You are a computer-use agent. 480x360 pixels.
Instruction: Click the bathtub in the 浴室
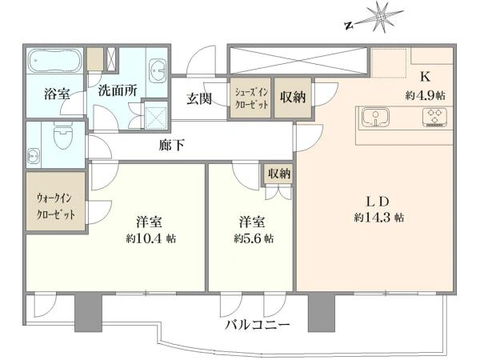pos(54,61)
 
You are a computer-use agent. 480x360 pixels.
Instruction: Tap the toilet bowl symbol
pos(63,134)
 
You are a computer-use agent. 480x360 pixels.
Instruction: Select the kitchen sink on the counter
pos(375,117)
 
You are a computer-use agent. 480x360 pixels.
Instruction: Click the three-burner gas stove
pos(434,117)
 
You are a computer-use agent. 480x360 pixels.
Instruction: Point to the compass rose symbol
pos(379,18)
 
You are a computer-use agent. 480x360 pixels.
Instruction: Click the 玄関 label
pos(199,98)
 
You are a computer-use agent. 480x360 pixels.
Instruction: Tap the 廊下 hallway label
pos(171,145)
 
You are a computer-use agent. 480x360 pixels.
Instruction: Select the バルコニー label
pos(258,325)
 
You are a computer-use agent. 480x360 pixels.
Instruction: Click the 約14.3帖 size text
pos(379,218)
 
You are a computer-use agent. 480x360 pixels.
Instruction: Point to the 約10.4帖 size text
pos(151,238)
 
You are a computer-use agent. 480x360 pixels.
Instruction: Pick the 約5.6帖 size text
pos(254,238)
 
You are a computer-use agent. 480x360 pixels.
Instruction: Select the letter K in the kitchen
pos(426,77)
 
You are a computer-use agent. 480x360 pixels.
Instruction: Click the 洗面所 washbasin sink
pos(158,71)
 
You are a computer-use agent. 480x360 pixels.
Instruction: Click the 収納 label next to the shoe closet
pos(293,98)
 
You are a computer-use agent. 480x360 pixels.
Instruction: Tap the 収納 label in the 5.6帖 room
pos(279,174)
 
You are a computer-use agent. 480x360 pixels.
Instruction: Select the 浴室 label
pos(57,94)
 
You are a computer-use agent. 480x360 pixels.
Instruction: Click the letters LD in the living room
pos(378,202)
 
